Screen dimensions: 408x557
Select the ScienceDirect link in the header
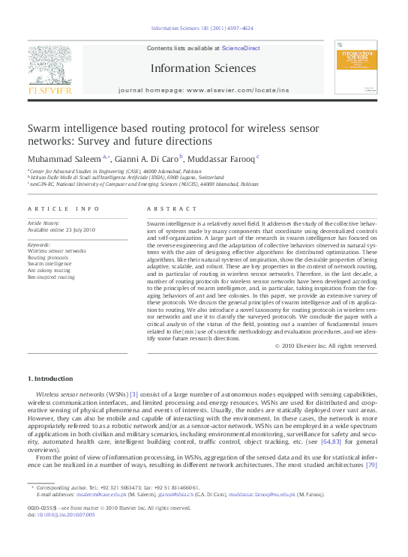(241, 48)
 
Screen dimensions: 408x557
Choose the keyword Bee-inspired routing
(52, 277)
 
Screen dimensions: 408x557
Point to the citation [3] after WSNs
(134, 394)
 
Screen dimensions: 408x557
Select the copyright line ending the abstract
(315, 346)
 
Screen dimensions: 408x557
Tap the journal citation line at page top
(202, 28)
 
